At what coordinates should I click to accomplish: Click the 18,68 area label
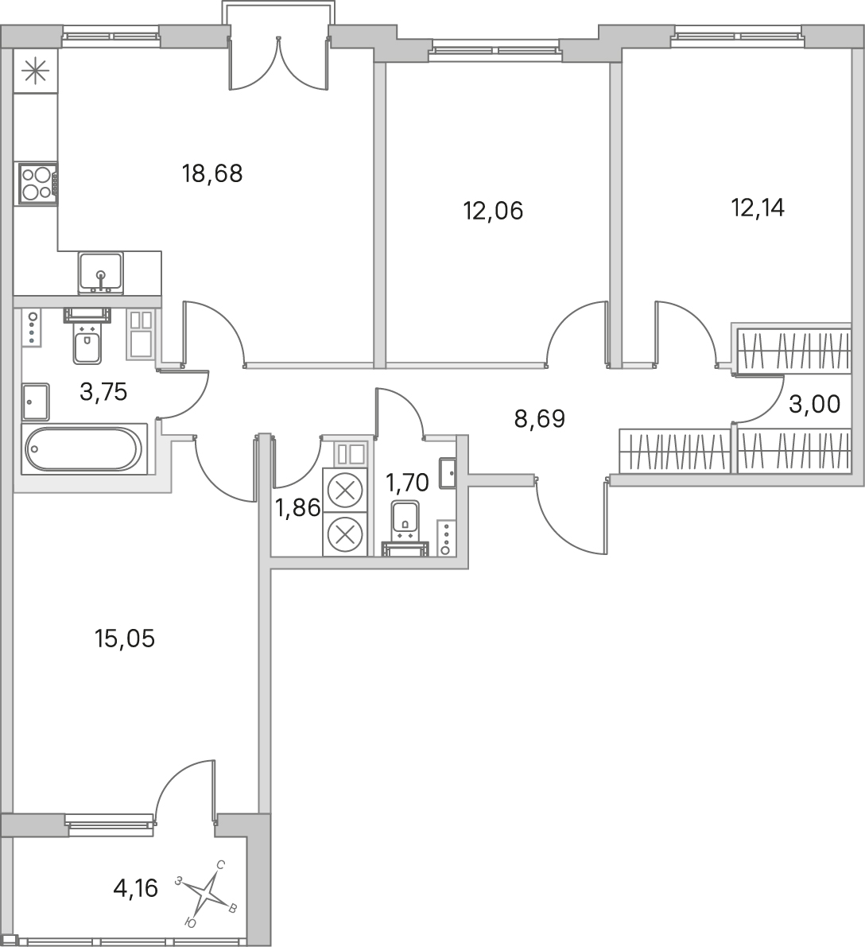click(x=212, y=174)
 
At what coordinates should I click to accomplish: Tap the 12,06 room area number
click(x=493, y=212)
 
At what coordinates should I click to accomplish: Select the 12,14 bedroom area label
click(x=758, y=208)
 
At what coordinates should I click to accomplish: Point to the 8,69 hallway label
click(x=539, y=418)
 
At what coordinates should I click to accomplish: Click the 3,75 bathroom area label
click(x=103, y=393)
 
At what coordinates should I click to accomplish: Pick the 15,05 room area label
click(x=125, y=638)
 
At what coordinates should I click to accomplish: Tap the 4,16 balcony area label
click(x=136, y=888)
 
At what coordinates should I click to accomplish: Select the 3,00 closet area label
click(x=815, y=405)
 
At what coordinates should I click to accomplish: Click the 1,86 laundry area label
click(x=297, y=509)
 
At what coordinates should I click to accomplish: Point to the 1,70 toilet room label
click(x=407, y=483)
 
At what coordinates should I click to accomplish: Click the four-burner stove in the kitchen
click(x=37, y=184)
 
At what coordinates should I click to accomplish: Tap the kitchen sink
click(x=101, y=274)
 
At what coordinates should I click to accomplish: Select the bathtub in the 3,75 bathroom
click(x=84, y=448)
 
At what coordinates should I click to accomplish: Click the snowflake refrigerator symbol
click(x=35, y=72)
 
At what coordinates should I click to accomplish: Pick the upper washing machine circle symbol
click(x=345, y=490)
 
